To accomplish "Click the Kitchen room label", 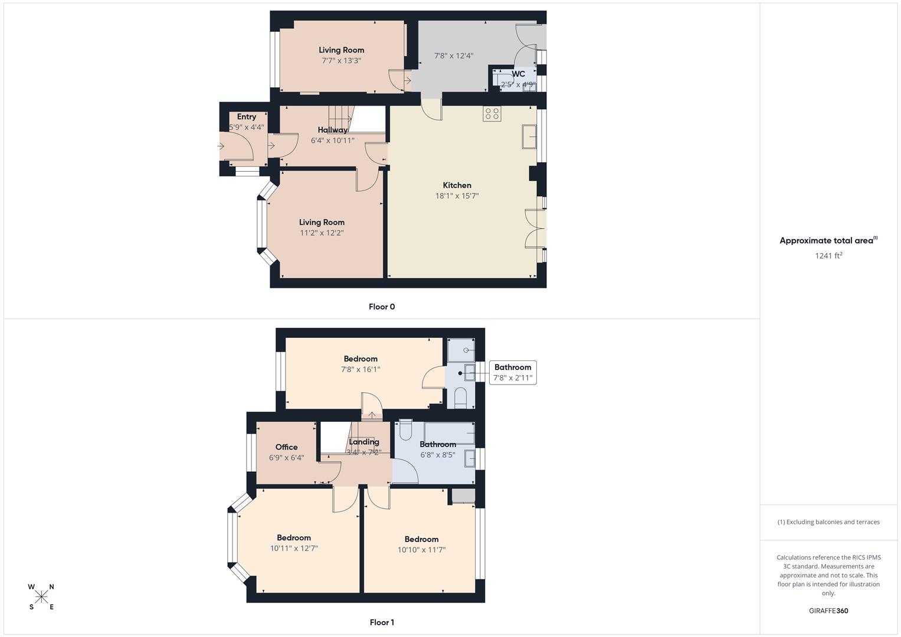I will (457, 185).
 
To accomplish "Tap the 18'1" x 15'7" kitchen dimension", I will (457, 196).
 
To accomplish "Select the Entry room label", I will (247, 117).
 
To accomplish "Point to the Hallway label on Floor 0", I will (333, 130).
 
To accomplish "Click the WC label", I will (518, 74).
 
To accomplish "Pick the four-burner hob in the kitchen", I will (492, 114).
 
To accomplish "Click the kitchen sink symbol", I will (529, 137).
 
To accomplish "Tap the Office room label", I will (286, 447).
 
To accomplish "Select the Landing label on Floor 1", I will (363, 442).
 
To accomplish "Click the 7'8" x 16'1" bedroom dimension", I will (361, 369).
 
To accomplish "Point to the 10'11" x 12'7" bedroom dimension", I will (294, 548).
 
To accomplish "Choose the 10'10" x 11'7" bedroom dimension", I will (421, 550).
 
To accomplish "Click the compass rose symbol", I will (41, 597).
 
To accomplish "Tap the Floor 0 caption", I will (382, 307).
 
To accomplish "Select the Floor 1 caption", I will (382, 622).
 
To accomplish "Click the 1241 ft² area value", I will (828, 255).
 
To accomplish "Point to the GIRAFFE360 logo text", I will (828, 610).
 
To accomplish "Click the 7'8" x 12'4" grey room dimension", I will (454, 56).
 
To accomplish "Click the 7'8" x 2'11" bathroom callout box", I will (513, 373).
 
